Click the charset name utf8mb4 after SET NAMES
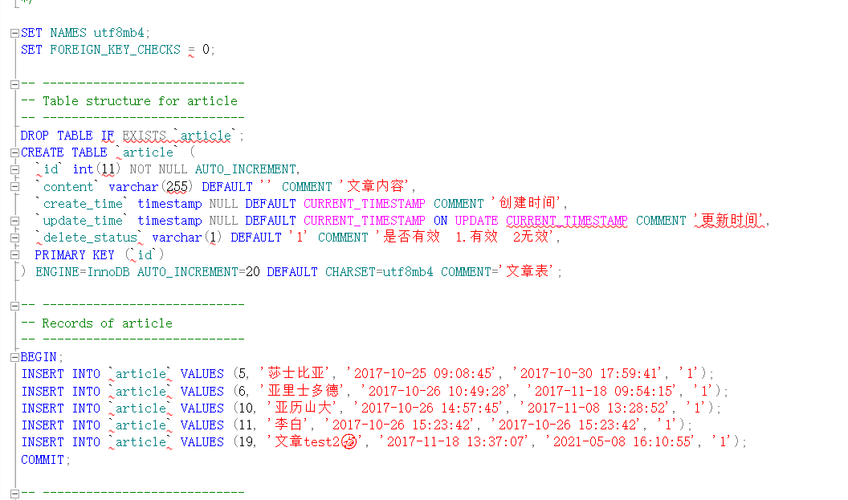(x=120, y=33)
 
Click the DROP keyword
(x=35, y=136)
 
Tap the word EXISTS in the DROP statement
(x=144, y=136)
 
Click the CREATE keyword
(x=42, y=152)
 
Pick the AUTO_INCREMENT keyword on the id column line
(x=246, y=169)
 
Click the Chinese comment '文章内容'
(x=377, y=187)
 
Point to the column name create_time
(x=84, y=204)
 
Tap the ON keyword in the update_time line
(x=441, y=221)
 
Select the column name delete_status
(x=90, y=238)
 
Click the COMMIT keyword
(x=45, y=460)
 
